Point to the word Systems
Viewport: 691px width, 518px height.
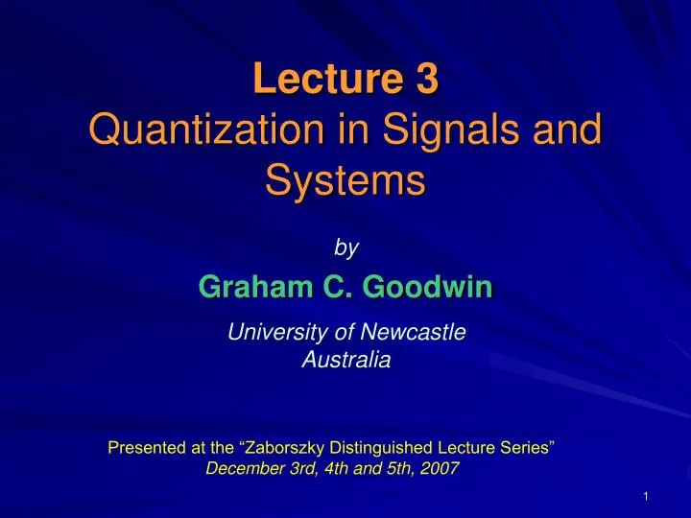point(345,178)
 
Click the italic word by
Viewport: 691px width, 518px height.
point(345,247)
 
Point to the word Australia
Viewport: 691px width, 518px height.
point(345,361)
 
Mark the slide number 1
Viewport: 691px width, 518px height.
point(648,495)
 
